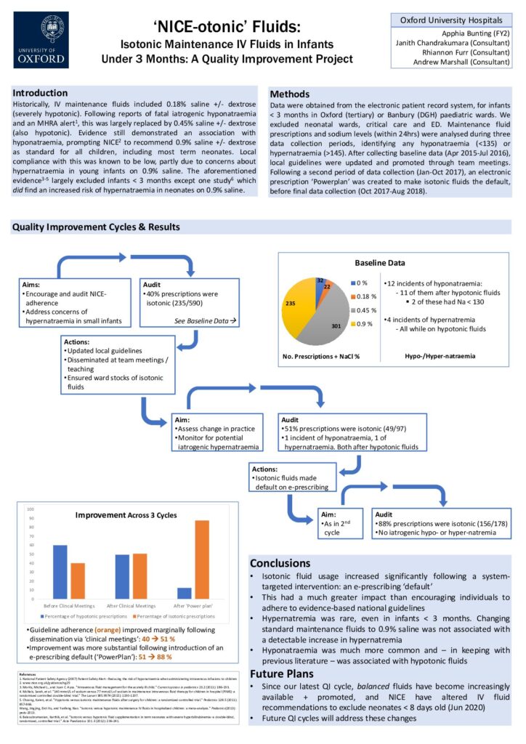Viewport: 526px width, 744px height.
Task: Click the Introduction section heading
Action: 45,93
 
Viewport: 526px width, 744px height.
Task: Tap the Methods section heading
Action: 289,94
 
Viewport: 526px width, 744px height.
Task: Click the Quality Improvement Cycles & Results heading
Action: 96,227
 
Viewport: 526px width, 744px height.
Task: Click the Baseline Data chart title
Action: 379,263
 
